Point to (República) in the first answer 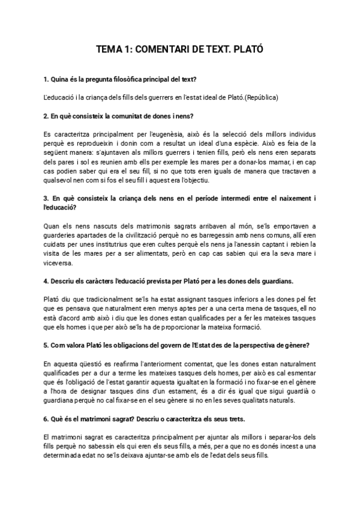tap(262, 97)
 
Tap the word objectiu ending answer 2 tap(194, 181)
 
